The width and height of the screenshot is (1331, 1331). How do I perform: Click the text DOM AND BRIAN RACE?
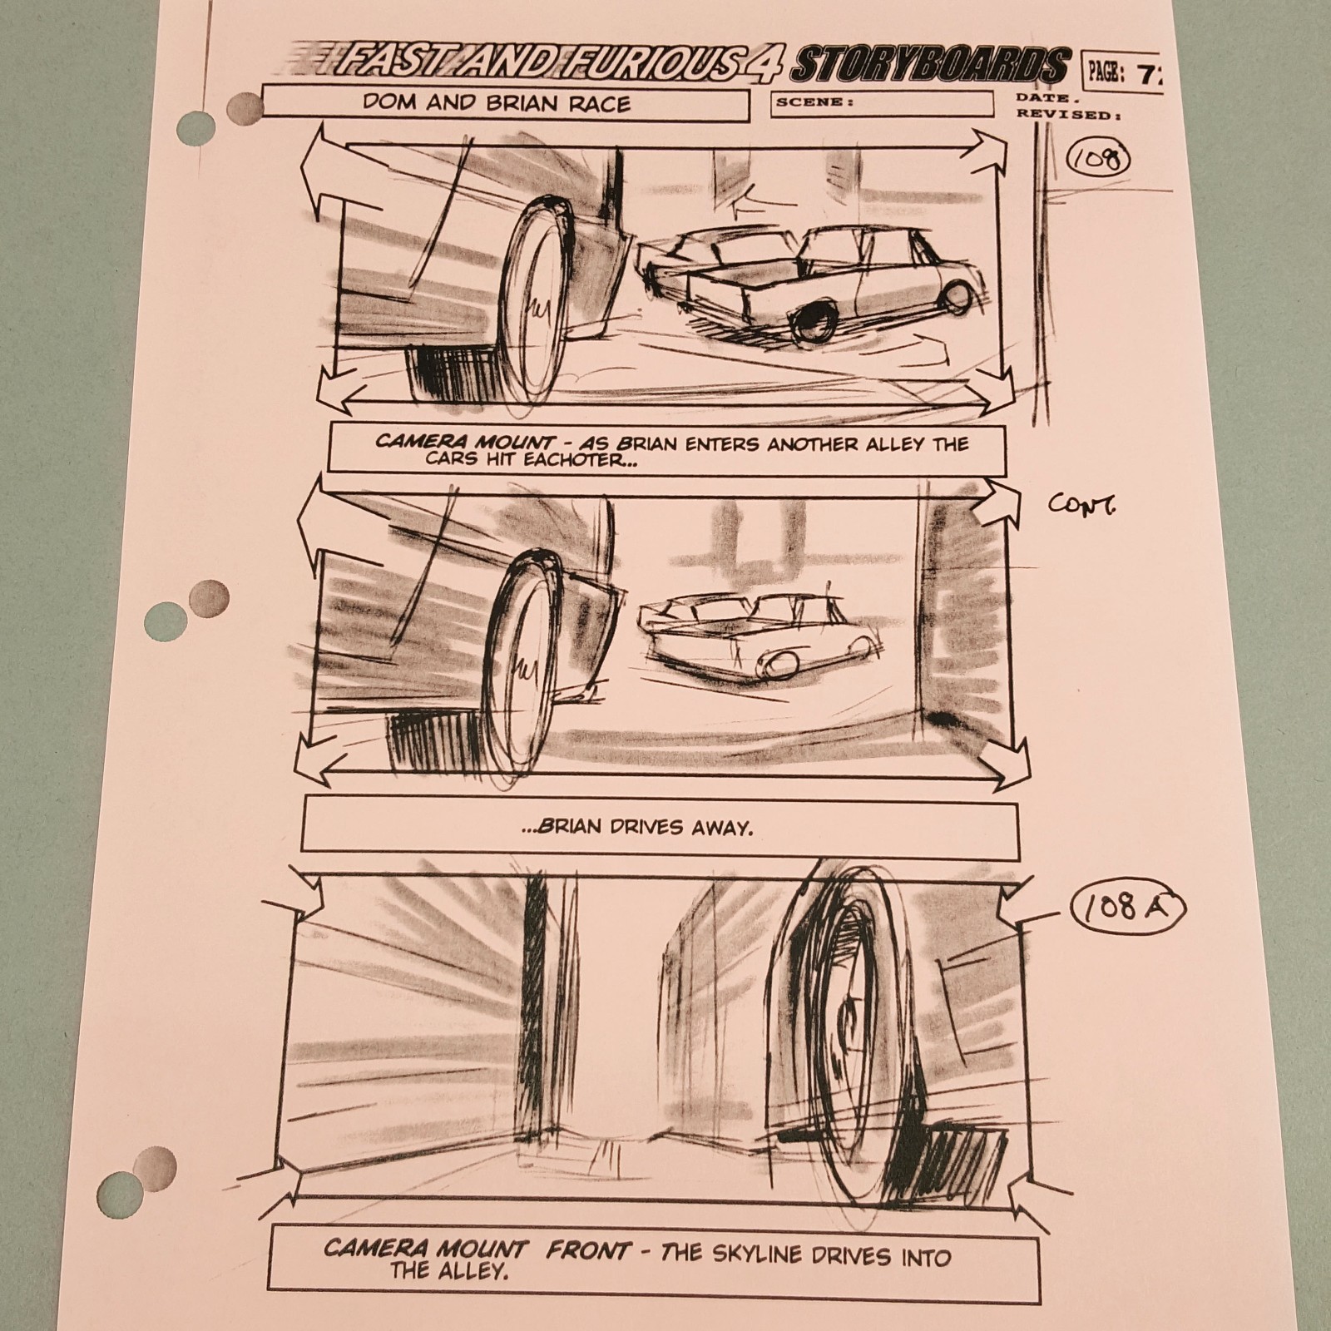pos(497,104)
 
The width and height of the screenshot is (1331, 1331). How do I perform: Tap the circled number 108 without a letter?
pos(1098,159)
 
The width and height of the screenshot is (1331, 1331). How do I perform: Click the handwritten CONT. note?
pos(1081,504)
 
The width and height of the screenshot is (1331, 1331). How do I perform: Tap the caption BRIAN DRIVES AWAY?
pos(645,827)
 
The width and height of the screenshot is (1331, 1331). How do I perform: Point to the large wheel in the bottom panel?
pos(853,1040)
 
